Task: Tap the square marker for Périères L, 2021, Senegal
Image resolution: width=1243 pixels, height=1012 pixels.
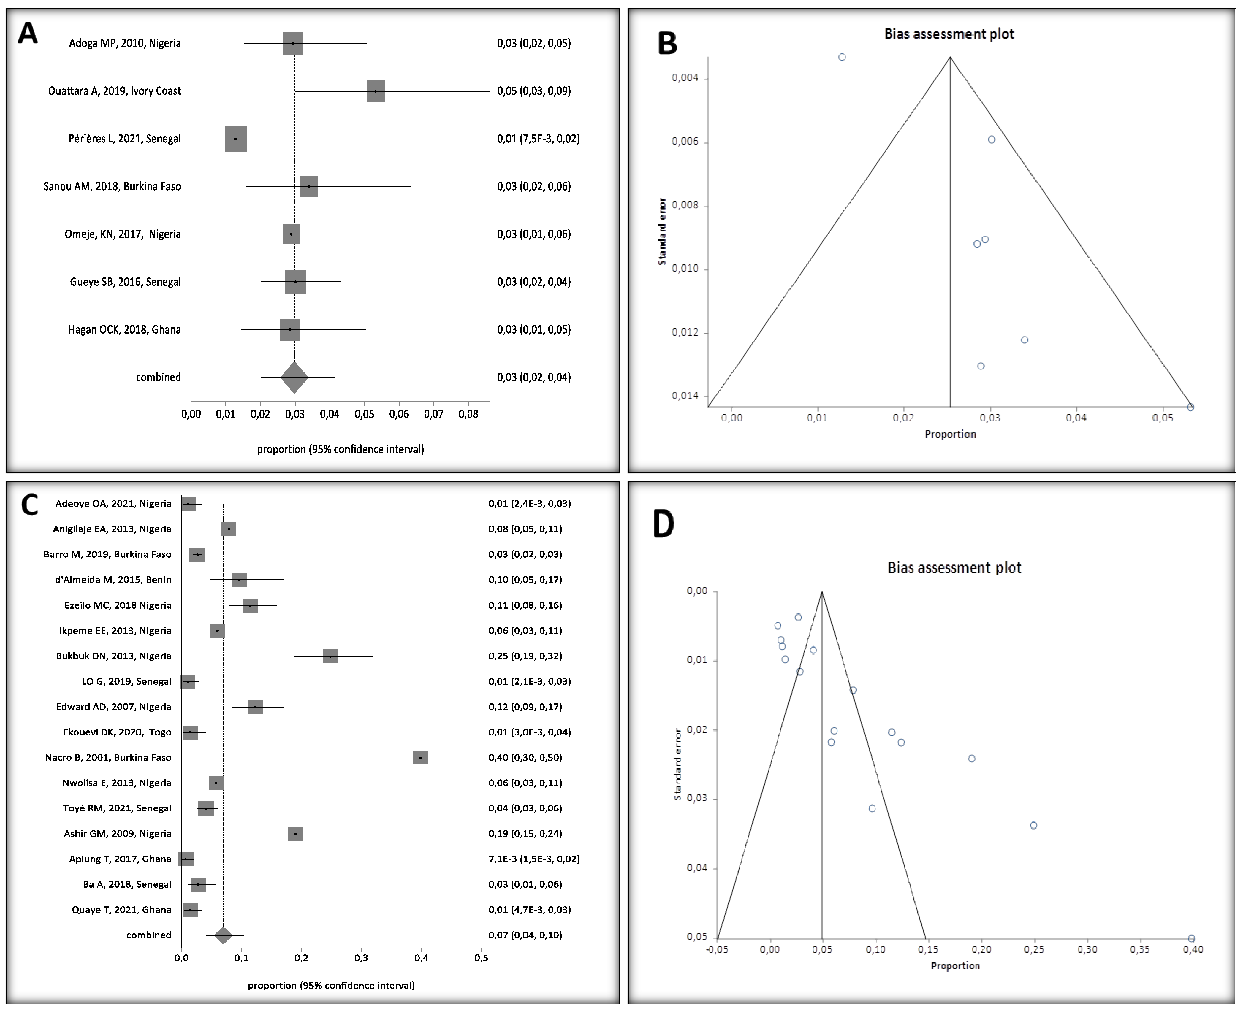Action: (x=235, y=139)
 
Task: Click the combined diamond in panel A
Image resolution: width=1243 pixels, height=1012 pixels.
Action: (x=294, y=377)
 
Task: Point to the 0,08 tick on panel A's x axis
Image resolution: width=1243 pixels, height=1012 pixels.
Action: (x=468, y=414)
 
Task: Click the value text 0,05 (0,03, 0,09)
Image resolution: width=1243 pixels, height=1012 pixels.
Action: (x=533, y=91)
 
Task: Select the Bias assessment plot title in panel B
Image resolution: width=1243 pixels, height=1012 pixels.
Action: (x=949, y=34)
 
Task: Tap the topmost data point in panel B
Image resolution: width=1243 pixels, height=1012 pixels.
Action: (x=842, y=57)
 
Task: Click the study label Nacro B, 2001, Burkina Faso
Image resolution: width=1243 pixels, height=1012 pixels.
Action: (x=108, y=757)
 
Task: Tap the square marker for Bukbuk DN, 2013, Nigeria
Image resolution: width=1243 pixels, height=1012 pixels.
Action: (x=331, y=656)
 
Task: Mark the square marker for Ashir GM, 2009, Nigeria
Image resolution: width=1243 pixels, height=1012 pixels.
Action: (x=296, y=834)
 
